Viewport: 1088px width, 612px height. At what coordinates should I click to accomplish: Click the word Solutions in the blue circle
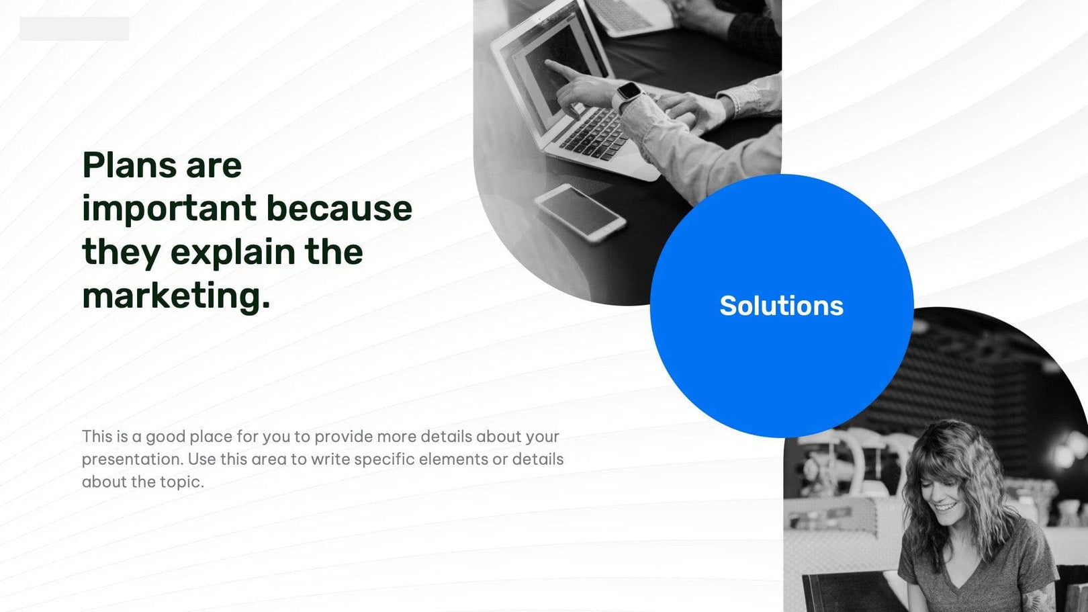pos(781,306)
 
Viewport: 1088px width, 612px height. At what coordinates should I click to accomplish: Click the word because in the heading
pos(339,209)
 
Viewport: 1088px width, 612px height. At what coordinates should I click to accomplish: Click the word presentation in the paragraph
pos(132,460)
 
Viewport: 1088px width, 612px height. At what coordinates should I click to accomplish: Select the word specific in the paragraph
pos(384,460)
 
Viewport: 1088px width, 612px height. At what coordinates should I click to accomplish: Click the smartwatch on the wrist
pos(629,91)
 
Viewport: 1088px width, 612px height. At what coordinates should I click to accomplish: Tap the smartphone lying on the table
pos(580,212)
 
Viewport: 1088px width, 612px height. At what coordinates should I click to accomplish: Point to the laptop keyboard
pos(594,132)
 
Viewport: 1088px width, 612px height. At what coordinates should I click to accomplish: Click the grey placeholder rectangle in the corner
pos(74,29)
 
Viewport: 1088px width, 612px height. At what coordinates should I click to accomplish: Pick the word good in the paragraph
pos(166,437)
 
